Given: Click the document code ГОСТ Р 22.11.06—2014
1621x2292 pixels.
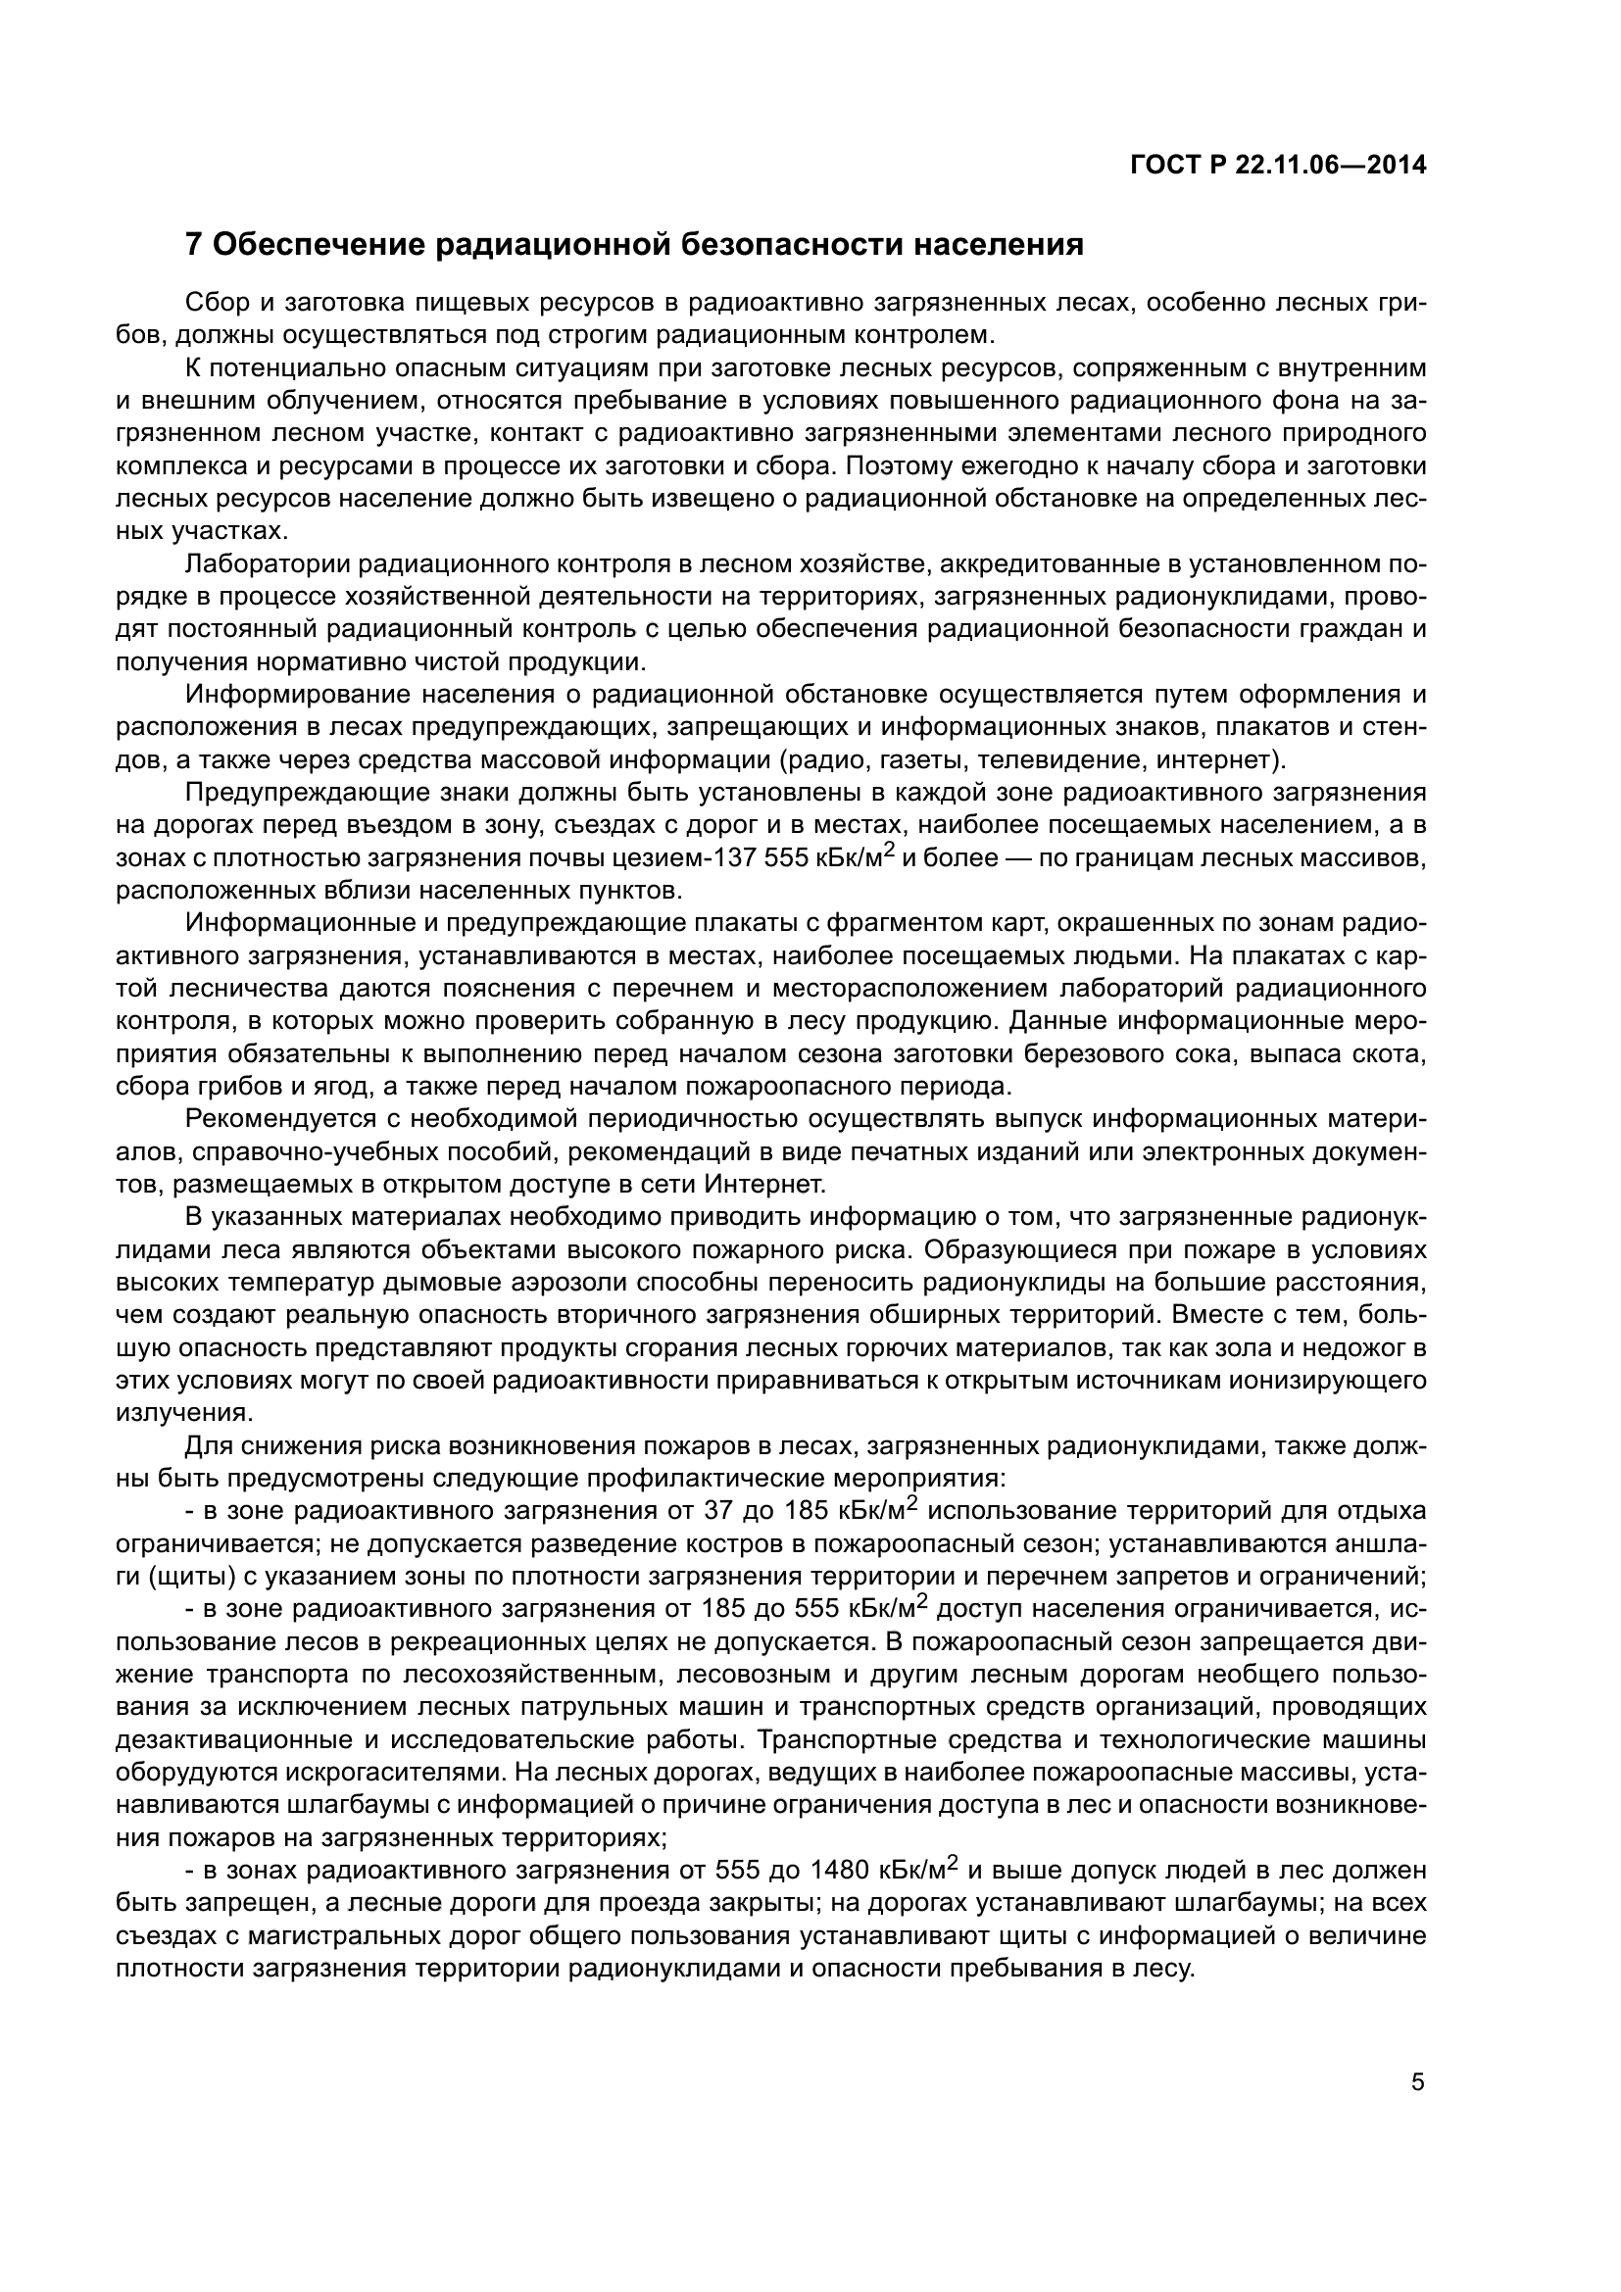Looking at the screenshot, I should [1278, 166].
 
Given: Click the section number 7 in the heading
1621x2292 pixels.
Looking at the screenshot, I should [195, 245].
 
